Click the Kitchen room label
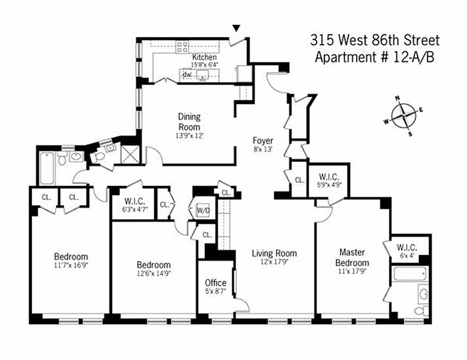204,58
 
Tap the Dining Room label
189,121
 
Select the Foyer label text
263,141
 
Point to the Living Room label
274,253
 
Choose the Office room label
215,283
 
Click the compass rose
404,116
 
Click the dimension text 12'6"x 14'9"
153,273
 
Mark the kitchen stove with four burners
182,47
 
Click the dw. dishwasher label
187,74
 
